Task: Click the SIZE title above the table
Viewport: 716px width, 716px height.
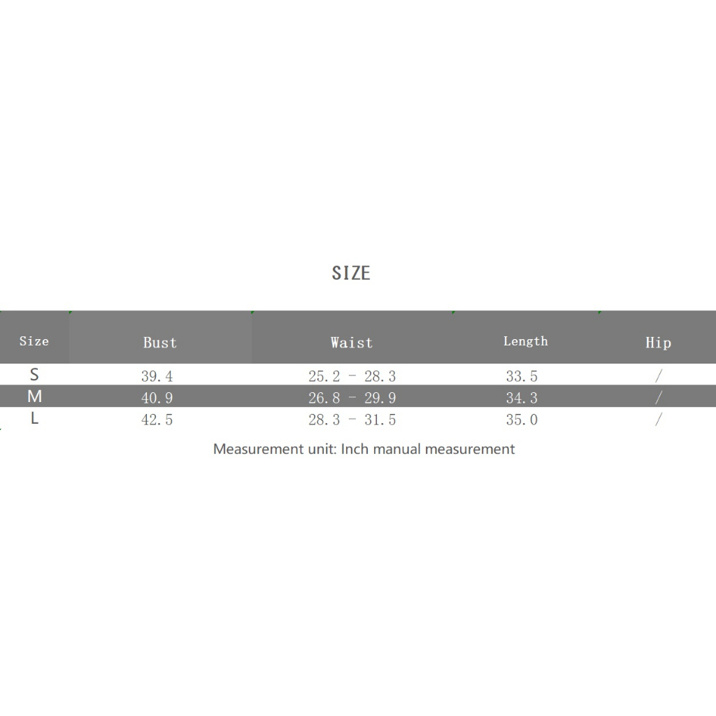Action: tap(351, 273)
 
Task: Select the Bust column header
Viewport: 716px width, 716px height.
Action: tap(160, 343)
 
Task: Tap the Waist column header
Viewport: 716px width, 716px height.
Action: tap(352, 343)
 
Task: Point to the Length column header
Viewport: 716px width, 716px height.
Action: tap(526, 341)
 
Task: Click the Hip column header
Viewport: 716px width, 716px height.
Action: tap(658, 343)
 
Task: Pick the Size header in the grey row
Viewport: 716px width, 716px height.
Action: tap(34, 341)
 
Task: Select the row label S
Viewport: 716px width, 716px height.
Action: tap(34, 375)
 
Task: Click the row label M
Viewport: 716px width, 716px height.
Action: tap(35, 396)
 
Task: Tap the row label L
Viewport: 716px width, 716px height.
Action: tap(34, 418)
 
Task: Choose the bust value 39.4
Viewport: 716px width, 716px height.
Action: tap(157, 376)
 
